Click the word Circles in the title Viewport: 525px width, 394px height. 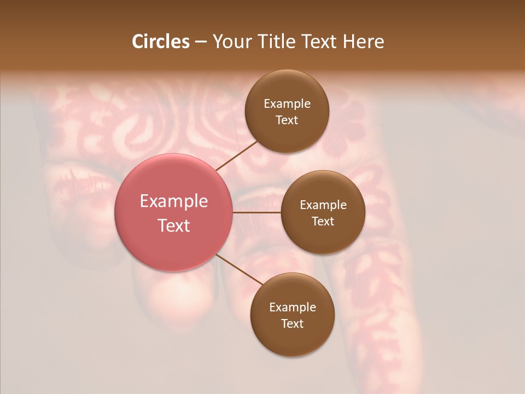160,42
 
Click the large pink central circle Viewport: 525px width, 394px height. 173,241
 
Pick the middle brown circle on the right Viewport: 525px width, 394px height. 323,239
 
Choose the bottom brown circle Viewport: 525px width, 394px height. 292,339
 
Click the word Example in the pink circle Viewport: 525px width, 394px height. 173,201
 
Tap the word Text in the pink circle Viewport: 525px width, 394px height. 173,225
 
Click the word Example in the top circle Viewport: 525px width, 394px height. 287,104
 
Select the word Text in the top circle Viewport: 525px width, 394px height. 287,120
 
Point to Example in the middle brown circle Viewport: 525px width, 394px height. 323,205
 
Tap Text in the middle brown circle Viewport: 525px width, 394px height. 323,222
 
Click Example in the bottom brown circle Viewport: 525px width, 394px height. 292,308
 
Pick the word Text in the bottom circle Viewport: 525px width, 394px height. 292,324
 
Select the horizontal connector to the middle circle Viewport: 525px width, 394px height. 256,212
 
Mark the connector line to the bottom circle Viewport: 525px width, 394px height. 239,269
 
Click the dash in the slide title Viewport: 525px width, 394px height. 201,42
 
